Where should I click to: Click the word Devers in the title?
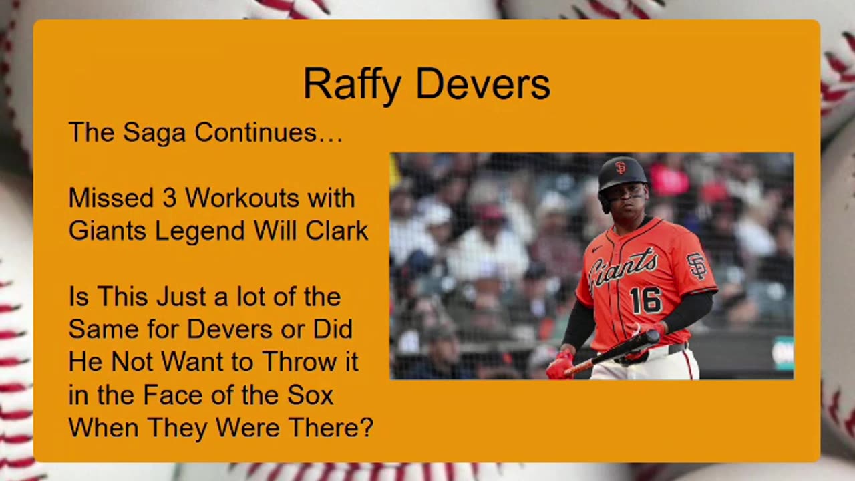(483, 84)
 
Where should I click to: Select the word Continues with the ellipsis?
(269, 132)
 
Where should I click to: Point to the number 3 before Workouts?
(170, 198)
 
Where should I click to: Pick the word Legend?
(200, 230)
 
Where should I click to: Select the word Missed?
(111, 198)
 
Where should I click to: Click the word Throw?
(300, 361)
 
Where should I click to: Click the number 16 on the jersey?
(645, 301)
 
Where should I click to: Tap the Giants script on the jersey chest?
(623, 269)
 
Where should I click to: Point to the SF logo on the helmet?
(621, 168)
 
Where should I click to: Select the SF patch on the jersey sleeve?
(697, 265)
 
